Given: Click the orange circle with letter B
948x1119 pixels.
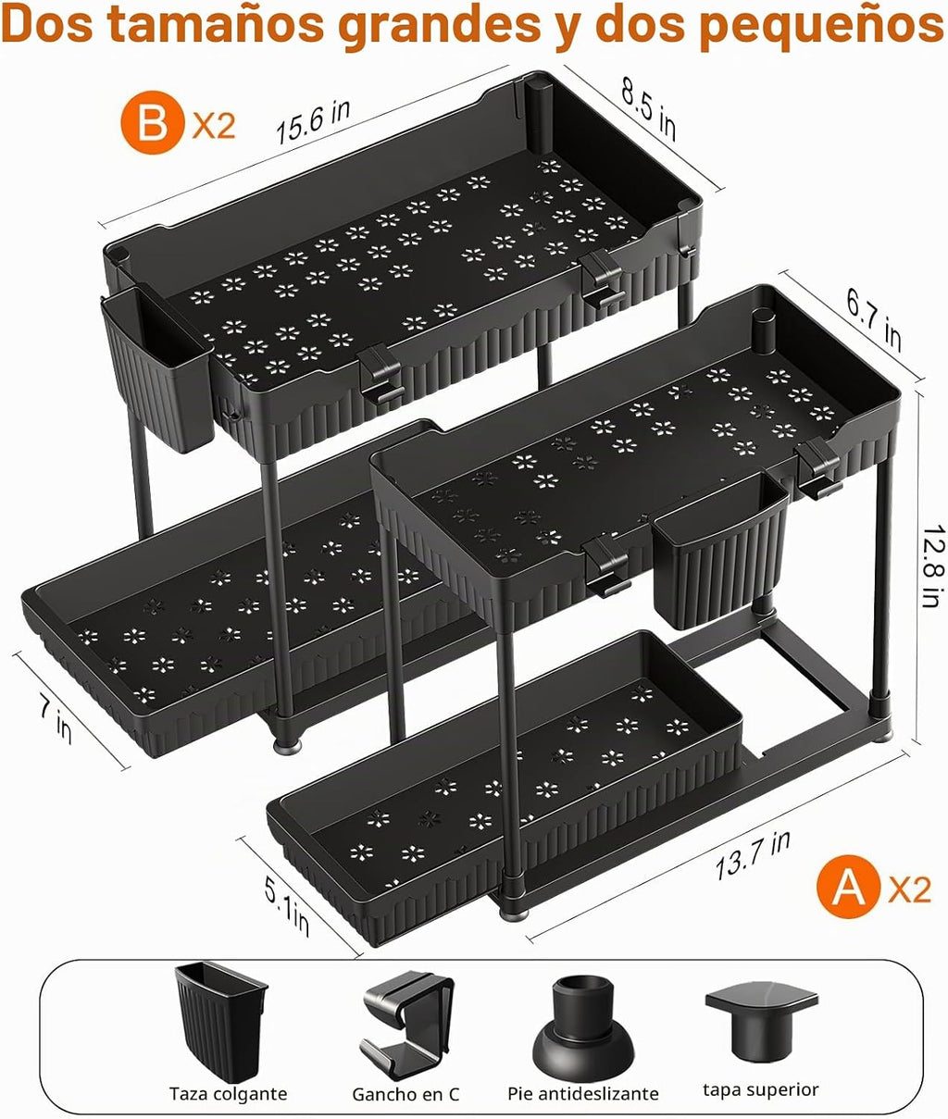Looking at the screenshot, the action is pos(153,122).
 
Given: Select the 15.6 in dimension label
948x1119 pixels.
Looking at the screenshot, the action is pos(313,122).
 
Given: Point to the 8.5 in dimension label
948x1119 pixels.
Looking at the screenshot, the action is pos(649,109).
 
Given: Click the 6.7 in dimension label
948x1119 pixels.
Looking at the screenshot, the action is pos(874,322).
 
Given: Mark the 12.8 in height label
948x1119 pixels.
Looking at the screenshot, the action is pos(933,566).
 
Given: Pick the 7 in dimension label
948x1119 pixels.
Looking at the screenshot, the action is pos(56,722).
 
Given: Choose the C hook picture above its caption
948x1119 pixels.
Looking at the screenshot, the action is pos(407,1012).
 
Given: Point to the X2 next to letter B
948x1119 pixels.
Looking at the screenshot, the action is pos(214,126).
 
